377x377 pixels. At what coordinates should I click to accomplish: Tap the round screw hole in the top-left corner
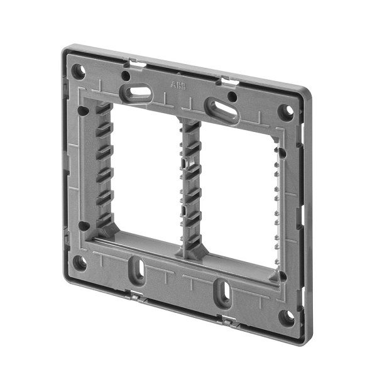(78, 70)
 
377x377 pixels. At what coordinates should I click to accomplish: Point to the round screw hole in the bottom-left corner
(79, 263)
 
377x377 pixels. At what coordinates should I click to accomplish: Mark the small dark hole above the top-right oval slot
(232, 97)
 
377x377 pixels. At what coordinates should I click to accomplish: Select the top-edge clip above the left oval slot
(134, 63)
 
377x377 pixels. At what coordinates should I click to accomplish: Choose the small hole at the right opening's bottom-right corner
(282, 276)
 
